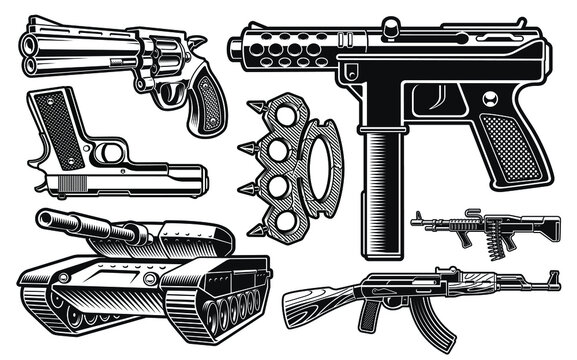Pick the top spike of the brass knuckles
tap(244, 118)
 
